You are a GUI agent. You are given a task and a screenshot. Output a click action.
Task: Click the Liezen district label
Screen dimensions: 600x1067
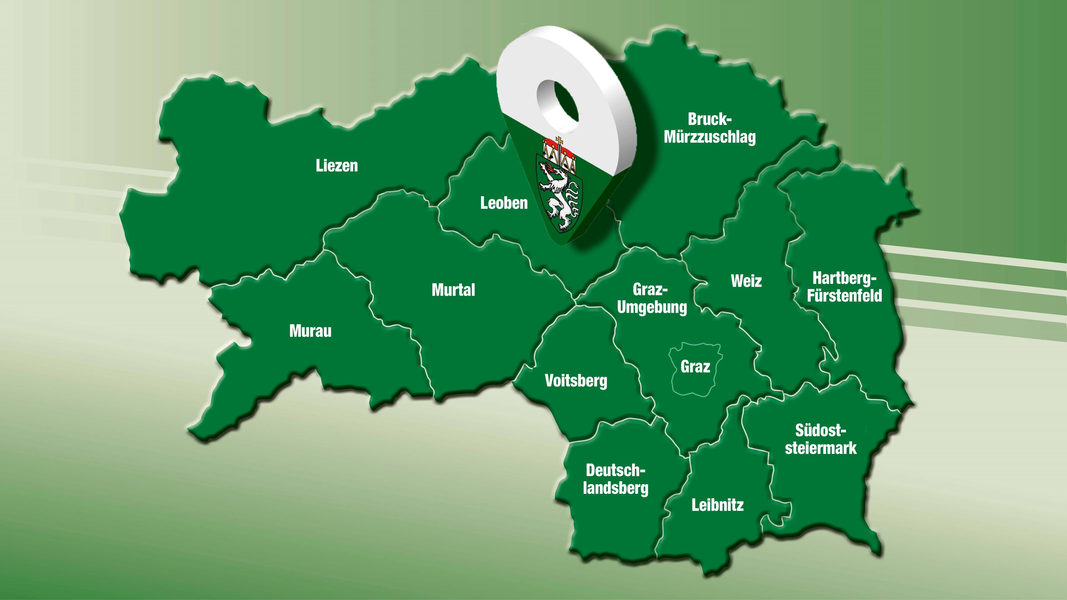click(336, 166)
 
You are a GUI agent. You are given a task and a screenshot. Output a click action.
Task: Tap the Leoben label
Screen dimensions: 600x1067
click(504, 203)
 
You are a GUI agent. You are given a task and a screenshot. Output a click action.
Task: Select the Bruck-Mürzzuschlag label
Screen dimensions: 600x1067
click(710, 128)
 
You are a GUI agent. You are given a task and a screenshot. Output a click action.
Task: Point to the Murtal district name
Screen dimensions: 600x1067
click(453, 290)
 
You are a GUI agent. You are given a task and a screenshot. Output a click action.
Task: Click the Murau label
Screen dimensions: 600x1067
click(310, 331)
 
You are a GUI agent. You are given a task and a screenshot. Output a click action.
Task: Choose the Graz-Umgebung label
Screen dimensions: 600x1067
click(652, 298)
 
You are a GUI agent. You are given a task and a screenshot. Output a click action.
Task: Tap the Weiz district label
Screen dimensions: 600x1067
click(746, 281)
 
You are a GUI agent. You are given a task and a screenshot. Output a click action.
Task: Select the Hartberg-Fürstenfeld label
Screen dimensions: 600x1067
click(844, 287)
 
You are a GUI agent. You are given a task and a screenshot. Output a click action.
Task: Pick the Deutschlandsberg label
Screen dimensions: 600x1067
click(615, 479)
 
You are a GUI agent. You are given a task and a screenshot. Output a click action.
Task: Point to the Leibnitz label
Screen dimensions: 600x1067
click(717, 505)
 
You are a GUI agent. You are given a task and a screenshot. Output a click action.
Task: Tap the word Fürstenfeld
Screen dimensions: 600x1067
click(844, 296)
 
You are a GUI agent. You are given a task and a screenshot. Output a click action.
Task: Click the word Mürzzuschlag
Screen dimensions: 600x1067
click(710, 137)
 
